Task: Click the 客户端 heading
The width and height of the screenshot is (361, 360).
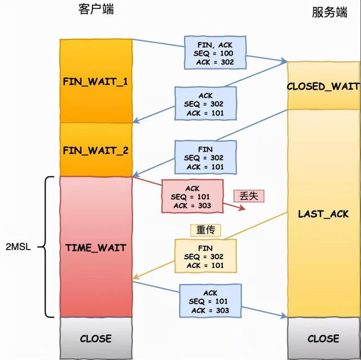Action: coord(96,10)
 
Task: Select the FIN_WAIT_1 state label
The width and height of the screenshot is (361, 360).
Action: coord(95,81)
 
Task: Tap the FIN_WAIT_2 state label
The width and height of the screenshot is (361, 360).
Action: coord(95,150)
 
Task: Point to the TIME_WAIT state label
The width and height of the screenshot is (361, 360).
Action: coord(95,247)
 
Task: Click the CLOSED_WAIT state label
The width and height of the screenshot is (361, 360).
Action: coord(323,86)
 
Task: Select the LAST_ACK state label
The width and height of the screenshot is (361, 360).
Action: coord(323,214)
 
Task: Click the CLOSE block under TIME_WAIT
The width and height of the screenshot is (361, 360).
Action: coord(95,339)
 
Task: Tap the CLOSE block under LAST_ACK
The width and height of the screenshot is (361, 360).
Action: coord(323,339)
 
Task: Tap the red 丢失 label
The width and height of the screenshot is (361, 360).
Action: coord(249,195)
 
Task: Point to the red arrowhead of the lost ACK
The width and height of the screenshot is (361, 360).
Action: coord(243,208)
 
